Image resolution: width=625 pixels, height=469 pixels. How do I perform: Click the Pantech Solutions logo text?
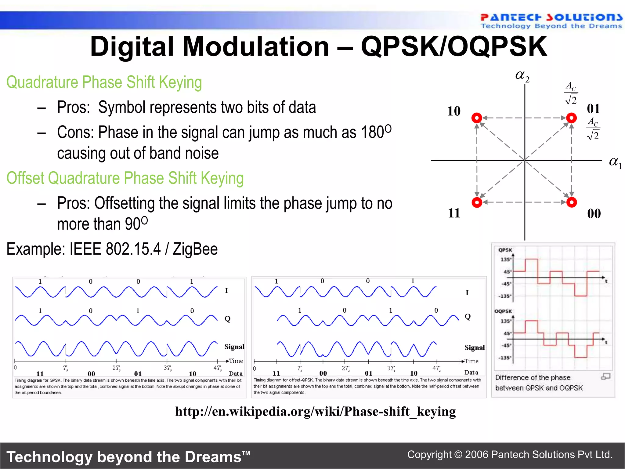pyautogui.click(x=551, y=17)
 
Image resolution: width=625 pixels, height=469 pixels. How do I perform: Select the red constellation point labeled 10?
pyautogui.click(x=477, y=118)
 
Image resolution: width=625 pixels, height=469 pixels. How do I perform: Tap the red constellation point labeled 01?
pyautogui.click(x=571, y=118)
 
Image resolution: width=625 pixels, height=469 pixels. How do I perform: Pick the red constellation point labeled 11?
pyautogui.click(x=477, y=202)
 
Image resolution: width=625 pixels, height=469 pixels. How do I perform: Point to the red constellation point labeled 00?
pyautogui.click(x=571, y=202)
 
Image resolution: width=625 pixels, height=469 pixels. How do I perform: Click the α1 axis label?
pyautogui.click(x=615, y=162)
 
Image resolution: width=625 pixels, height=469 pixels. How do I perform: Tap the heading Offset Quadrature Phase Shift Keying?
pyautogui.click(x=125, y=178)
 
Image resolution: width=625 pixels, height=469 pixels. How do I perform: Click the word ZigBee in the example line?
pyautogui.click(x=195, y=249)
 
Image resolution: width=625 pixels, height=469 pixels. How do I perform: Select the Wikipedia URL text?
pyautogui.click(x=315, y=411)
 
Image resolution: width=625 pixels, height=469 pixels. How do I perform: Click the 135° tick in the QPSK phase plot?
pyautogui.click(x=506, y=260)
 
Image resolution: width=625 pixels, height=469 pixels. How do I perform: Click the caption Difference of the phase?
pyautogui.click(x=533, y=378)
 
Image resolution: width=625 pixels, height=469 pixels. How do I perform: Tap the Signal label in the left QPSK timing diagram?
pyautogui.click(x=234, y=347)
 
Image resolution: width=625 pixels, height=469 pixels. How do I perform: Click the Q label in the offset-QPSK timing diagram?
pyautogui.click(x=468, y=317)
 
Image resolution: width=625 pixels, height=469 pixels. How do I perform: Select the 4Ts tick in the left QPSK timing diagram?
pyautogui.click(x=217, y=368)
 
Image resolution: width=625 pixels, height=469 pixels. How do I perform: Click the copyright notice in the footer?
pyautogui.click(x=510, y=455)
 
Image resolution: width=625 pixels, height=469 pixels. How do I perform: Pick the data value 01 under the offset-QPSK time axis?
pyautogui.click(x=369, y=373)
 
